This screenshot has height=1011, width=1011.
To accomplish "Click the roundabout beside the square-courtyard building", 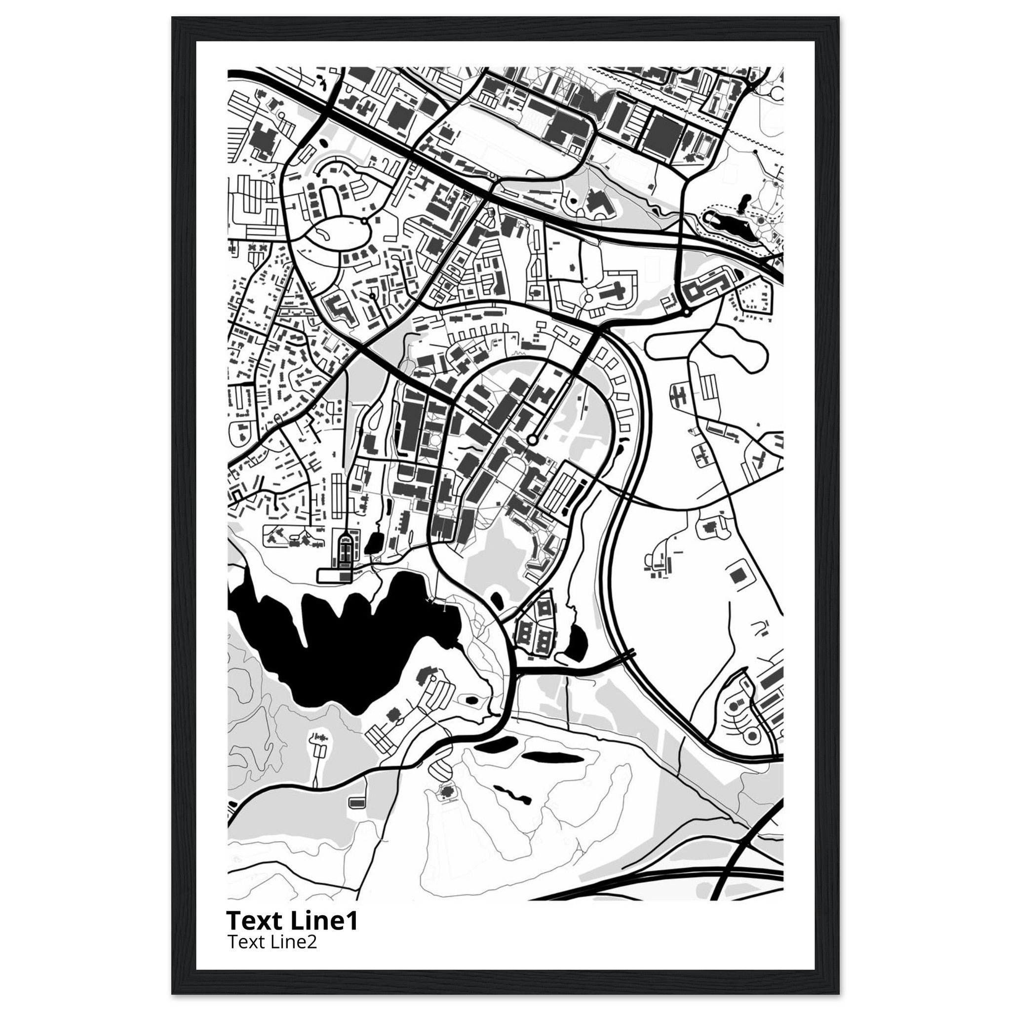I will (687, 312).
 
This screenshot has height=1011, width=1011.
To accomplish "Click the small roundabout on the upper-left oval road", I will (363, 221).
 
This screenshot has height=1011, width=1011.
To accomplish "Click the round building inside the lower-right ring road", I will (752, 736).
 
